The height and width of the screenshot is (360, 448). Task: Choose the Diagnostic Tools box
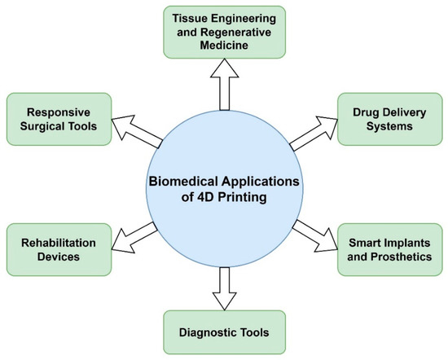(x=224, y=332)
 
